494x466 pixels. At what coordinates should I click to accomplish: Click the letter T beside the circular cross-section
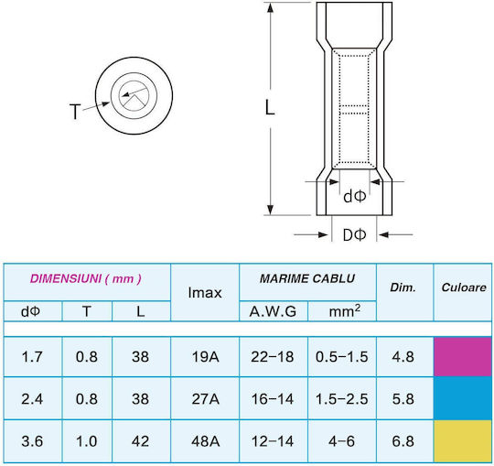(x=75, y=112)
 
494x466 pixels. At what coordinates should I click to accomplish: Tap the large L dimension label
(x=270, y=107)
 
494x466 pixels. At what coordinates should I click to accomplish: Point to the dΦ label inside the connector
(x=354, y=197)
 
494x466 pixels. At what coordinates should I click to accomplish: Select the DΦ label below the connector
(x=354, y=234)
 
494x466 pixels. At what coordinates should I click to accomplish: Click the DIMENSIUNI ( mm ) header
(x=86, y=279)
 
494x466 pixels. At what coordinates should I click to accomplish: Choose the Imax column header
(x=205, y=293)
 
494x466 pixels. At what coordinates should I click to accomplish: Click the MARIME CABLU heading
(x=307, y=278)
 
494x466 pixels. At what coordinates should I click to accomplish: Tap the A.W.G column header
(x=273, y=312)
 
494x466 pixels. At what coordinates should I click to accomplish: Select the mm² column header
(x=345, y=311)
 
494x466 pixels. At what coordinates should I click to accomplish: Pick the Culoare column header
(x=464, y=287)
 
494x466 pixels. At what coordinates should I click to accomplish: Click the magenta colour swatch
(x=463, y=356)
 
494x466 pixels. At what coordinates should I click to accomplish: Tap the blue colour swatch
(x=463, y=398)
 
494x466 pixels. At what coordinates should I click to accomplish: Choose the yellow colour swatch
(x=463, y=441)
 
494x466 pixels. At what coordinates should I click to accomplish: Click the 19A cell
(x=205, y=357)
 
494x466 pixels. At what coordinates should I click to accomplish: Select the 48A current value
(x=205, y=441)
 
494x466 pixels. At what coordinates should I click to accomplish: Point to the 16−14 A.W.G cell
(x=273, y=399)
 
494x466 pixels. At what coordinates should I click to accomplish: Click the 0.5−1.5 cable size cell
(x=342, y=357)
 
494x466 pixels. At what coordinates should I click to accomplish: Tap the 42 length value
(x=141, y=441)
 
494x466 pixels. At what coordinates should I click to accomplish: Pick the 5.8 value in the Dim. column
(x=403, y=399)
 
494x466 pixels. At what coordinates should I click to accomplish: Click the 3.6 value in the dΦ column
(x=32, y=441)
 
